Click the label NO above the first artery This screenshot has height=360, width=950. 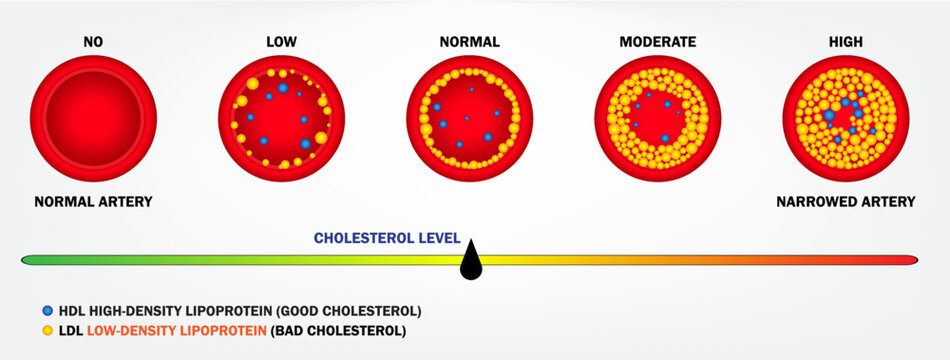point(93,42)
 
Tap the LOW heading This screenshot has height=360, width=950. point(281,42)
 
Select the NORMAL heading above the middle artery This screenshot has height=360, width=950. point(469,42)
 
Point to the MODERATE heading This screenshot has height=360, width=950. point(657,42)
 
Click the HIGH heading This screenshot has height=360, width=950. point(845,42)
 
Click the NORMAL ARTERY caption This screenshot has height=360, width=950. point(93,202)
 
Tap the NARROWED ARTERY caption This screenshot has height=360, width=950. point(845,202)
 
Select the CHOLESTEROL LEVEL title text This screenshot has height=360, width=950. point(387,238)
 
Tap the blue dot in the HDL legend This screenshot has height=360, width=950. point(48,310)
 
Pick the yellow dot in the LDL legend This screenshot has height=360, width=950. point(48,329)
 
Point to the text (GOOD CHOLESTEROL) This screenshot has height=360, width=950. point(351,310)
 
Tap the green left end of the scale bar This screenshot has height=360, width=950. point(30,260)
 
